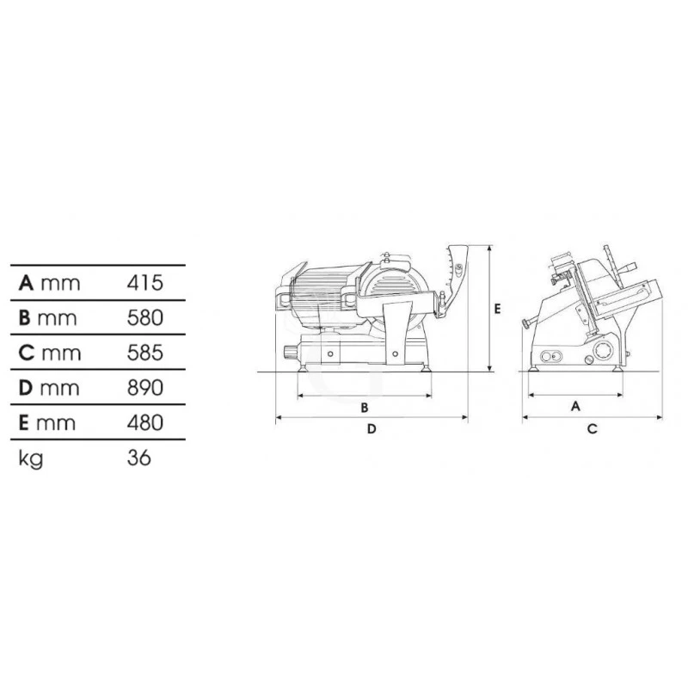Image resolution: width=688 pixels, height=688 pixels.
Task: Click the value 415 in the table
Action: [144, 283]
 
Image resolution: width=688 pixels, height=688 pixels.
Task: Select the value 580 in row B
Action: [145, 318]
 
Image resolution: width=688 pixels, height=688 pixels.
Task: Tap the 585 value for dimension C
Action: [145, 353]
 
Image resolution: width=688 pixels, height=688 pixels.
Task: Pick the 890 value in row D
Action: [145, 388]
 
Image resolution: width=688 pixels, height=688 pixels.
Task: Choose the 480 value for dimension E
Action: [145, 422]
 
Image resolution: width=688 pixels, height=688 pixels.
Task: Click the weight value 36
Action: [139, 458]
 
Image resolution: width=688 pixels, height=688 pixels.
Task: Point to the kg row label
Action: [31, 459]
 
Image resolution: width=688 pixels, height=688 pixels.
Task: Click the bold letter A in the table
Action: [26, 283]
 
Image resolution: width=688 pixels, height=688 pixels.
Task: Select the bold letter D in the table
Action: [26, 388]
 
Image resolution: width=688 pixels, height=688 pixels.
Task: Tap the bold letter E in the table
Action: [24, 422]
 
